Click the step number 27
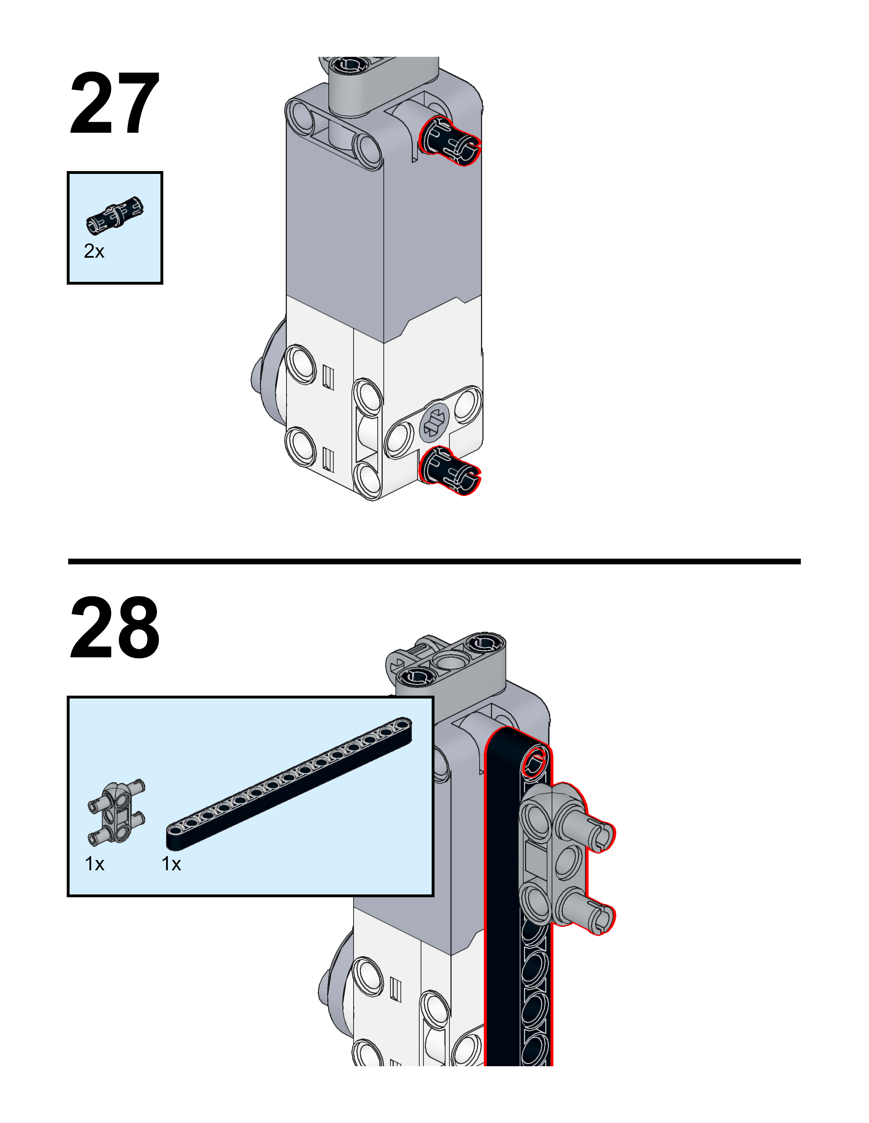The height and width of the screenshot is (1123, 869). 114,104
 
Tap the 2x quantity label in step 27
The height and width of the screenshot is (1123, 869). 94,251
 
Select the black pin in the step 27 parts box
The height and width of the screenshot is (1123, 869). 115,215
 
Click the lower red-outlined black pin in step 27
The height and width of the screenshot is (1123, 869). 449,470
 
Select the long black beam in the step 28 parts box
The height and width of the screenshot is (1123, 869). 289,783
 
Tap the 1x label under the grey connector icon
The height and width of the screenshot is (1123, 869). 95,864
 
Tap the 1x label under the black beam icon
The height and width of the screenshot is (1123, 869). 171,864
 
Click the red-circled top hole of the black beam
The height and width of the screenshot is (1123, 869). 534,762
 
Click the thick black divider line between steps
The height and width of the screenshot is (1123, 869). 434,561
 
